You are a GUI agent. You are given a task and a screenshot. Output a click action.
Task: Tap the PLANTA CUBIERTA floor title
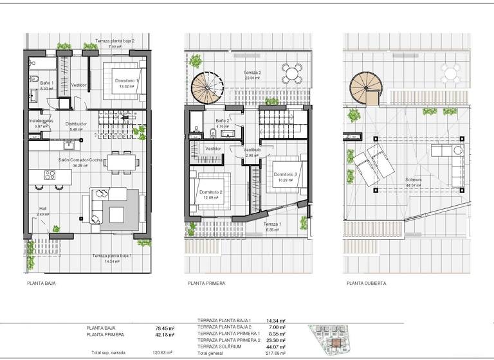366,282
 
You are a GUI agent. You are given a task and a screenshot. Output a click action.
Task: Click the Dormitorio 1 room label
127,80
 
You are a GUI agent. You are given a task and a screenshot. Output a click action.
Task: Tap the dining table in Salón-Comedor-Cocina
121,162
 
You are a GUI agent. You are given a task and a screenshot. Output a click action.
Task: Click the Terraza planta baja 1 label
112,255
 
